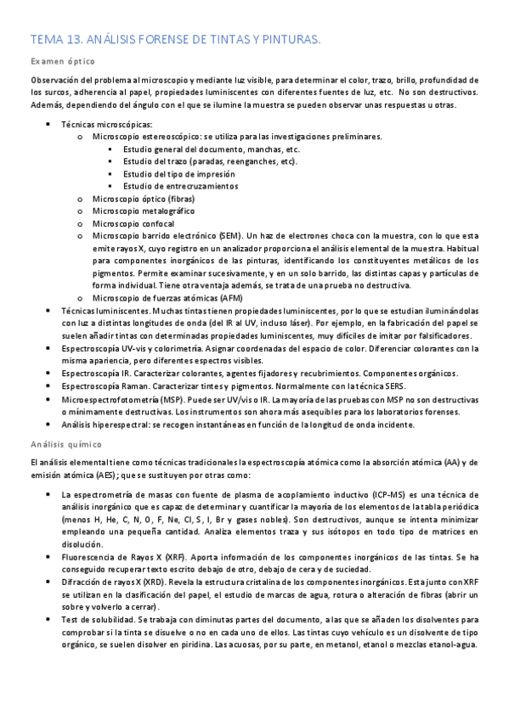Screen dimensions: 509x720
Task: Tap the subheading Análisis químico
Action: tap(66, 443)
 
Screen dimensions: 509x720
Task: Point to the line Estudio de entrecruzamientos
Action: tap(180, 186)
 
